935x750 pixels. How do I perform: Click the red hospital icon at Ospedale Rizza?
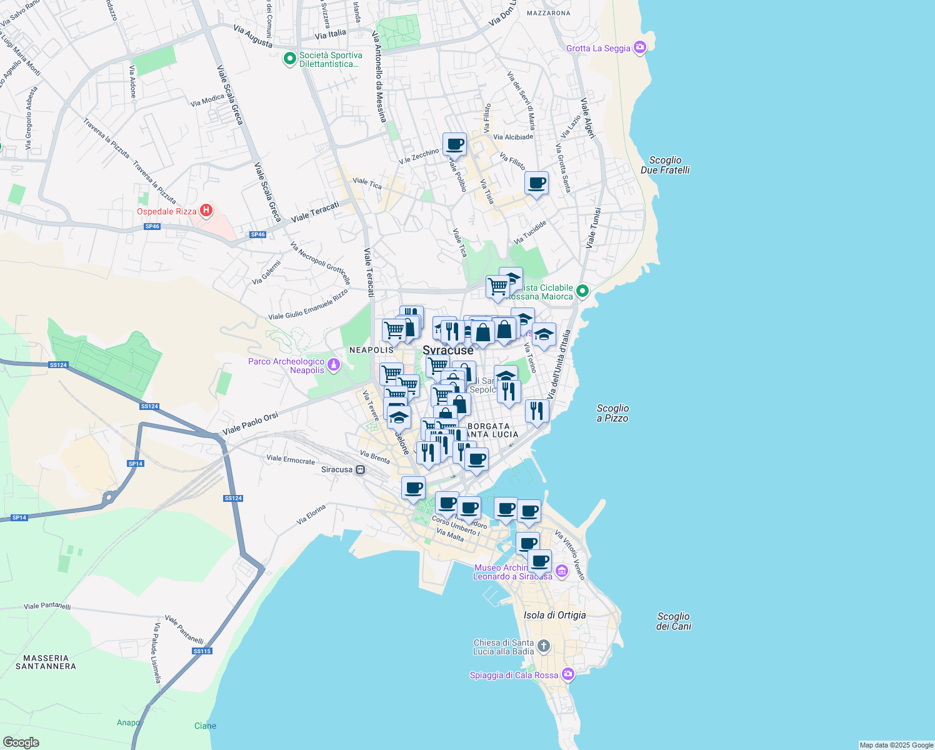pos(206,211)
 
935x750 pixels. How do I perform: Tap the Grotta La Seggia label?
pos(598,48)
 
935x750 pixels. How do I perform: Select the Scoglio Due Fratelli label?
pos(665,165)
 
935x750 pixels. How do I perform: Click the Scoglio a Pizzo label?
pos(612,413)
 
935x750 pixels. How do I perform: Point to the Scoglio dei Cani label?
pos(673,621)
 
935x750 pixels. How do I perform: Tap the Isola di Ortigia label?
pos(554,615)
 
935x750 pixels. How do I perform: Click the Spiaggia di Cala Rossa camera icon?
pos(568,674)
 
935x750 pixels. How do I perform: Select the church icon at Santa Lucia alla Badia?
pos(544,646)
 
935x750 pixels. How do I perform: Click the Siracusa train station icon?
pos(360,470)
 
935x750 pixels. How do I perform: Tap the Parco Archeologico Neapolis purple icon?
pos(334,364)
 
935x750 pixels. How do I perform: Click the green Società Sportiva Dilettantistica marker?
pos(289,59)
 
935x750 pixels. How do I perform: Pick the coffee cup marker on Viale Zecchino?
pos(454,144)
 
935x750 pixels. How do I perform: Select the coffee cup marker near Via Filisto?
pos(536,183)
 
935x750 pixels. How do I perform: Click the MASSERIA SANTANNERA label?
pos(46,662)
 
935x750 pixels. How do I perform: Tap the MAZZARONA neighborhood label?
pos(548,13)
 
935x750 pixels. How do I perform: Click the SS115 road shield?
pos(202,651)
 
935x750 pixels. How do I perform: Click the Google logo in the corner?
pos(21,742)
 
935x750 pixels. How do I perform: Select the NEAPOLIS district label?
pos(371,350)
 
